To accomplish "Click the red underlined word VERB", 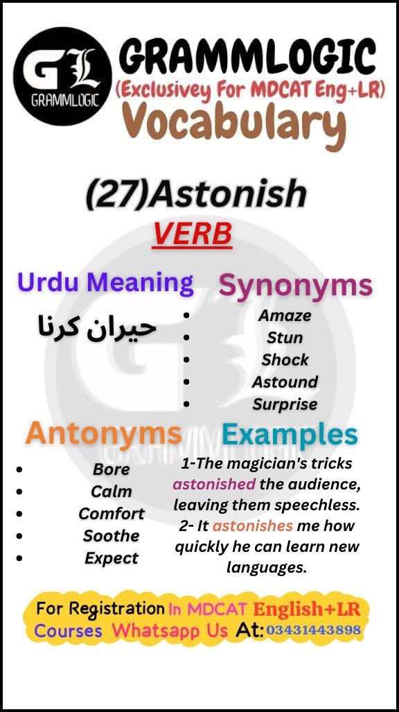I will tap(192, 234).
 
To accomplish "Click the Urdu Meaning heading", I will tap(105, 282).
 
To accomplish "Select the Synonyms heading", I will tap(296, 285).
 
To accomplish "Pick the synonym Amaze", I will tap(285, 315).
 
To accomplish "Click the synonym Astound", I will tap(285, 382).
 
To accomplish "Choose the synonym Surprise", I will tap(285, 404).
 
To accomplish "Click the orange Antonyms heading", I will tap(104, 434).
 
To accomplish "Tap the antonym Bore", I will tap(111, 469).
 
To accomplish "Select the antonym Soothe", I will tap(111, 536).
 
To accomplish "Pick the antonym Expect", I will tap(111, 558).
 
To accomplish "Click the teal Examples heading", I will tap(290, 435).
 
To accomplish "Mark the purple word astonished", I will tap(214, 484).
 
